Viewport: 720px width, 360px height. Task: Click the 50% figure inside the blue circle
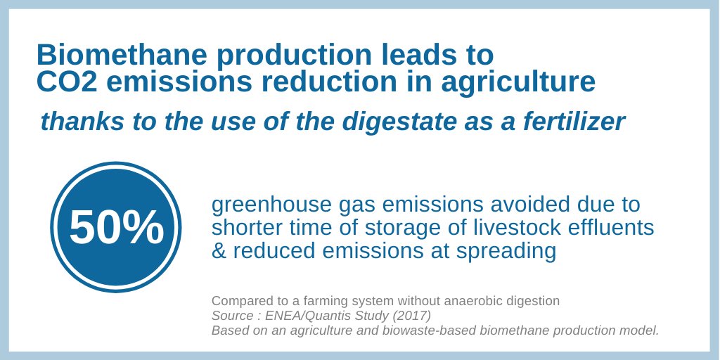tap(117, 228)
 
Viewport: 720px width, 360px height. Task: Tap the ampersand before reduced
tap(219, 251)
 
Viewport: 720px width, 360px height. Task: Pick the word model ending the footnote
tap(641, 330)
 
